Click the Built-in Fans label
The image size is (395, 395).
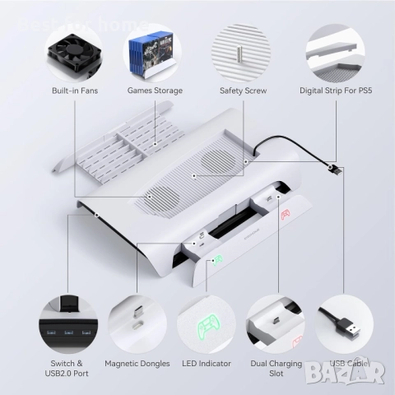[x=75, y=90]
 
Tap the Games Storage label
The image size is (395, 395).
[x=155, y=90]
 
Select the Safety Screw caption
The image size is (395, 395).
[x=242, y=90]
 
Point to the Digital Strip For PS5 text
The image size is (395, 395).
[x=333, y=90]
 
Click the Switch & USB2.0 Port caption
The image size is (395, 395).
[x=67, y=368]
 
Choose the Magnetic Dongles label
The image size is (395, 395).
[x=137, y=363]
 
